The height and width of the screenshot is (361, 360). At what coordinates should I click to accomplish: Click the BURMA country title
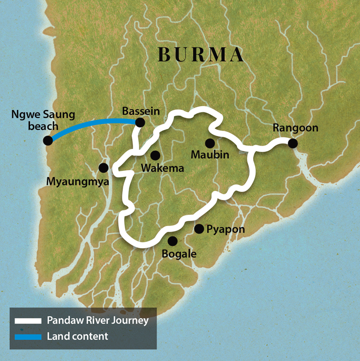pyautogui.click(x=201, y=55)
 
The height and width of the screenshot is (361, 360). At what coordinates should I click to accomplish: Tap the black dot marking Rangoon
pyautogui.click(x=293, y=143)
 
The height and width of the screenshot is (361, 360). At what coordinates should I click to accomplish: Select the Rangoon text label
pyautogui.click(x=295, y=128)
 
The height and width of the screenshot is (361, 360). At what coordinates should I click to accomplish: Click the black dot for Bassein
pyautogui.click(x=140, y=123)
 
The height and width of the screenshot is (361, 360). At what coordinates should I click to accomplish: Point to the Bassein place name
pyautogui.click(x=141, y=111)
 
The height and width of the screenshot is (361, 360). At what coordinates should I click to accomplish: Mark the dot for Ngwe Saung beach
pyautogui.click(x=47, y=140)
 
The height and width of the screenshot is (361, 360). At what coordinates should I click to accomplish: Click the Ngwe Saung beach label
pyautogui.click(x=37, y=120)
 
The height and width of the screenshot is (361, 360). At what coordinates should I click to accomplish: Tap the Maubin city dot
pyautogui.click(x=210, y=143)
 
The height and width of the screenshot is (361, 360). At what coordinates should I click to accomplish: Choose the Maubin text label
pyautogui.click(x=210, y=155)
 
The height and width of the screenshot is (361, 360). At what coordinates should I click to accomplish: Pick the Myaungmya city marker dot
pyautogui.click(x=104, y=168)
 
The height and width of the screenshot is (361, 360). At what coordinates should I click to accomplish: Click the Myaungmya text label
pyautogui.click(x=77, y=180)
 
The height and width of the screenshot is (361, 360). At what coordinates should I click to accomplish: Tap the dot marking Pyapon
pyautogui.click(x=199, y=228)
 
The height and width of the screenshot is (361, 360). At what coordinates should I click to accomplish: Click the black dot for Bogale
pyautogui.click(x=172, y=241)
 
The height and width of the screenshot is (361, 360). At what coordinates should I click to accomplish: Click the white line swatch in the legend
pyautogui.click(x=29, y=321)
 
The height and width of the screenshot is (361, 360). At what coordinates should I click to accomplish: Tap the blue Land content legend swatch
pyautogui.click(x=29, y=336)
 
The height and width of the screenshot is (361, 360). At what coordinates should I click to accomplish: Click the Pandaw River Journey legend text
pyautogui.click(x=97, y=321)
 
